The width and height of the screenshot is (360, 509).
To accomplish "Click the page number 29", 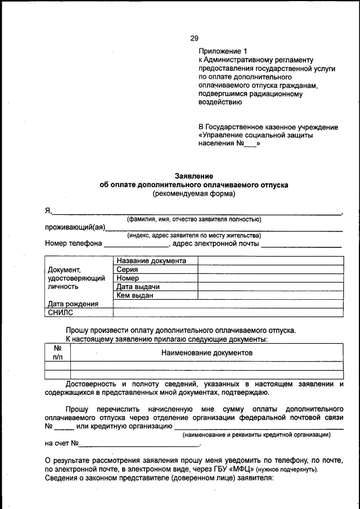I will coord(194,38).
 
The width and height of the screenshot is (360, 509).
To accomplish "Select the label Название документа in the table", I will coord(151,261).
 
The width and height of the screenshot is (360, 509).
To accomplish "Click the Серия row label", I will coord(128,269).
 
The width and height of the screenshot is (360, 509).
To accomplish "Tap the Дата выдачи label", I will coord(138,287).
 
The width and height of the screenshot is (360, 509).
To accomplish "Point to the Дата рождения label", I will coord(73,304).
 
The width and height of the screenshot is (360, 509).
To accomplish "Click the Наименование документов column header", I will coord(206,352).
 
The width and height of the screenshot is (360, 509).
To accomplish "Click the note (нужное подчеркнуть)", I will coord(287,470).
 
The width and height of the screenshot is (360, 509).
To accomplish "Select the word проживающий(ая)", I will coord(74,227).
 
